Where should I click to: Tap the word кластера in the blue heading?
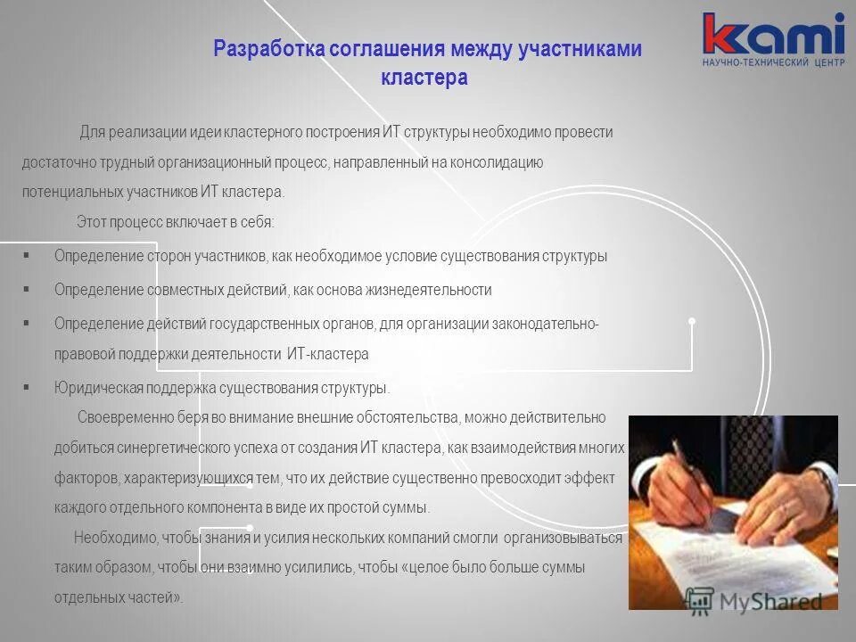click(x=424, y=78)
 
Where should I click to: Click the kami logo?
click(x=772, y=34)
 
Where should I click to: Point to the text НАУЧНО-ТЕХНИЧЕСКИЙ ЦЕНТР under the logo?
click(x=772, y=64)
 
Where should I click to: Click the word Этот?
click(x=92, y=221)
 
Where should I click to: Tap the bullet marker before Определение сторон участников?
click(x=27, y=255)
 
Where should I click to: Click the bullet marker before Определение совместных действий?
click(x=27, y=289)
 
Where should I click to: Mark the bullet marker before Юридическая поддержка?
click(x=27, y=387)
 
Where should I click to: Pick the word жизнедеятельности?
click(x=434, y=290)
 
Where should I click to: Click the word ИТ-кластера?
click(x=327, y=354)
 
